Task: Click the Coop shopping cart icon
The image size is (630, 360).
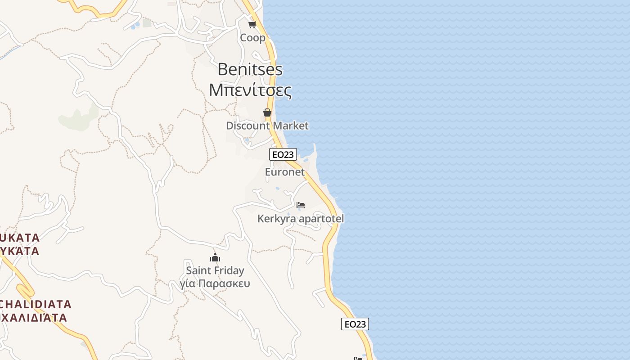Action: [252, 24]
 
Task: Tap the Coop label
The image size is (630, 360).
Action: [253, 38]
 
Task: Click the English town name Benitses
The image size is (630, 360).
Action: [250, 69]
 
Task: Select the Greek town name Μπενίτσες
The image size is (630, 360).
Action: [250, 90]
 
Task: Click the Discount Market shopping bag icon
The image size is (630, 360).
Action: [267, 112]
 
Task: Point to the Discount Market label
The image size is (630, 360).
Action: [267, 126]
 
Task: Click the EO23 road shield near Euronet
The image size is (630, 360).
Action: [283, 154]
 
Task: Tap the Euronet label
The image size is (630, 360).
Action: [285, 172]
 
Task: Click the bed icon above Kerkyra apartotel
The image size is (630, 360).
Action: [301, 205]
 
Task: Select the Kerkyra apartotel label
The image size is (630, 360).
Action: [301, 219]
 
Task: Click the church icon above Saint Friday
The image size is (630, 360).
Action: [215, 257]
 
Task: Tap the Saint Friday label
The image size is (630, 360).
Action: [215, 270]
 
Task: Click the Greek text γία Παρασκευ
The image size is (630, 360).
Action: [215, 283]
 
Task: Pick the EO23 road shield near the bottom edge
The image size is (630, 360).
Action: [355, 324]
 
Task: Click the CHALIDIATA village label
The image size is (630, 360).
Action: [35, 304]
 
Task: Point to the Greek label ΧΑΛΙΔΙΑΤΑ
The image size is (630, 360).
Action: [34, 318]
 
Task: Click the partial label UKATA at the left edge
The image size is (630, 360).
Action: [20, 237]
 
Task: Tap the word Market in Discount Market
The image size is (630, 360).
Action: [290, 126]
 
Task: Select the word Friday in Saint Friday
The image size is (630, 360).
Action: [229, 270]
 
